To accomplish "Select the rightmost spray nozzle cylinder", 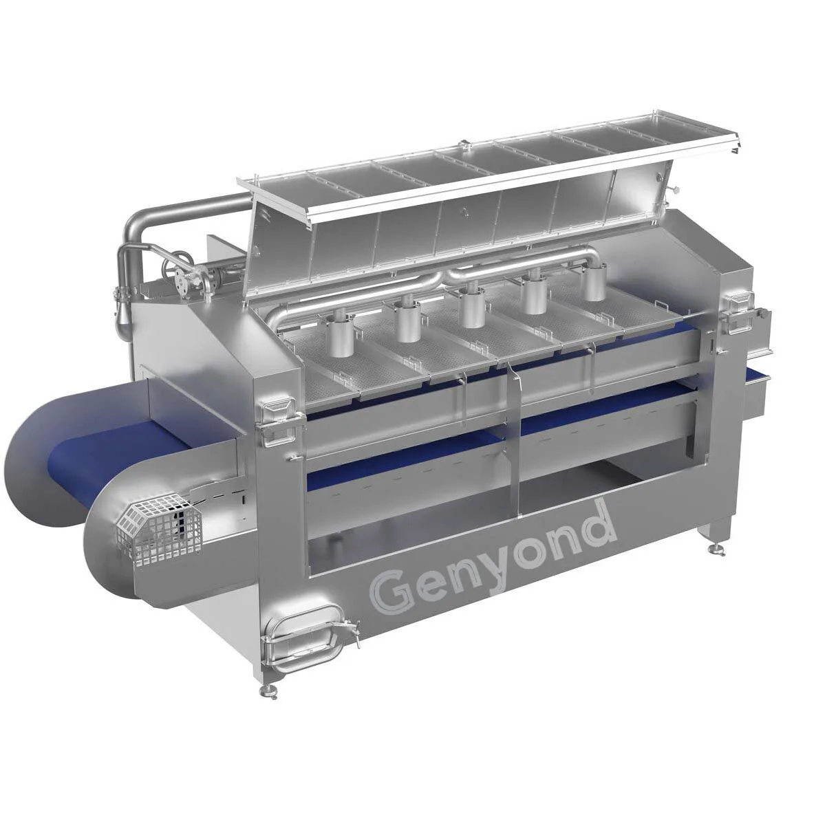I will (593, 285).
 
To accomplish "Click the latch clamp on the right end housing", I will (738, 303).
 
